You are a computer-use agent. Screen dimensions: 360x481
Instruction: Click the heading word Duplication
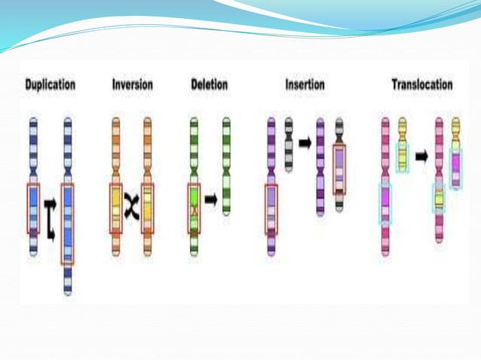click(50, 84)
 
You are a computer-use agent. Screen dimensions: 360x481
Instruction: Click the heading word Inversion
click(132, 84)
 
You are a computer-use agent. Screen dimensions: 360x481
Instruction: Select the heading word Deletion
click(210, 84)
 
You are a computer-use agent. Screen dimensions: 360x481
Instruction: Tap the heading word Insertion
click(305, 84)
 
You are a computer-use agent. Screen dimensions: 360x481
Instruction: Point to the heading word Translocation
click(421, 84)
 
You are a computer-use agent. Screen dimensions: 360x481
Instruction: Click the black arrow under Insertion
click(305, 142)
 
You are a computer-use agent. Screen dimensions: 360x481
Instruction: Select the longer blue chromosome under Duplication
click(67, 203)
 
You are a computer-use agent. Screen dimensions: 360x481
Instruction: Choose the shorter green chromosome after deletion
click(226, 166)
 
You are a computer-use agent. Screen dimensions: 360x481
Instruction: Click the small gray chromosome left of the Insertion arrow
click(288, 143)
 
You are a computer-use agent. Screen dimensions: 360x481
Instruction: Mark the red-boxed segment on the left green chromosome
click(194, 208)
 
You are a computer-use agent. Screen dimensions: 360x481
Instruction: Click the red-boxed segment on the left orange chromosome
click(115, 208)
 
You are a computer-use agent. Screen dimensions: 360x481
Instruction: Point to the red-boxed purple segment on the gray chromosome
click(339, 169)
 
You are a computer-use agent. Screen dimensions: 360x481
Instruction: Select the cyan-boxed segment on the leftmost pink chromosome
click(385, 203)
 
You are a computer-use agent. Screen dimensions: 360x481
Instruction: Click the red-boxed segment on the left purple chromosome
click(271, 208)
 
